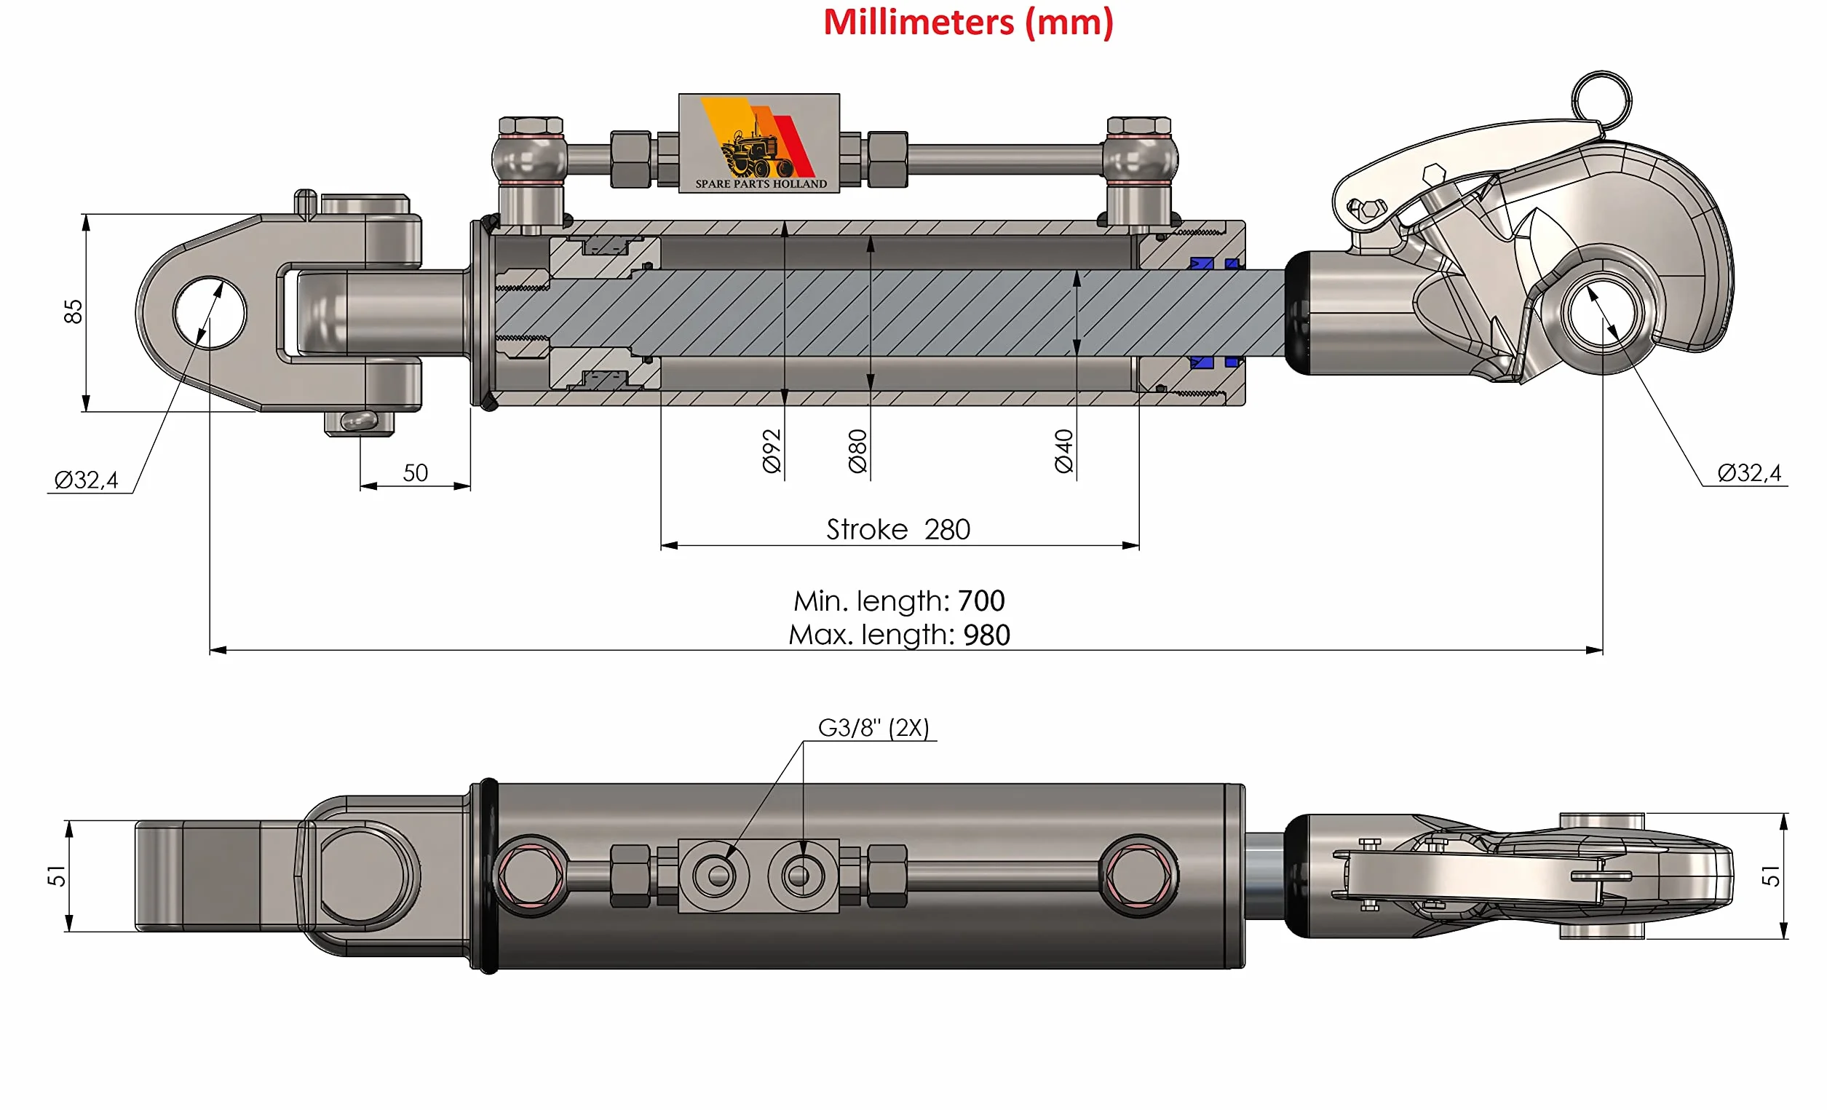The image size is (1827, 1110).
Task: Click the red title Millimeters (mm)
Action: point(967,23)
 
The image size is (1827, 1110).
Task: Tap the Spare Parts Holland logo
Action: point(759,143)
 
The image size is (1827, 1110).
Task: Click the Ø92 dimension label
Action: point(772,450)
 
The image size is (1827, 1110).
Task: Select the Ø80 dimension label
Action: point(857,450)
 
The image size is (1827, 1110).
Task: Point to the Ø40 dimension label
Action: point(1063,450)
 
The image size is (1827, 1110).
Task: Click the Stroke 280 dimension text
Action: point(898,529)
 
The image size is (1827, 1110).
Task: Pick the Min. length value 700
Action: point(981,600)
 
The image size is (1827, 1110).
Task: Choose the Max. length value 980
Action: point(986,635)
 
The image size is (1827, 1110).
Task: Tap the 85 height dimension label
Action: point(73,312)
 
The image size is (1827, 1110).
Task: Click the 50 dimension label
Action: point(415,472)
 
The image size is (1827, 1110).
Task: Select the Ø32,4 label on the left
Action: point(86,480)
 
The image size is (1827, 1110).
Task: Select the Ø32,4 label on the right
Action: point(1748,472)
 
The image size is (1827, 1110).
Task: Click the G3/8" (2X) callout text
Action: point(873,727)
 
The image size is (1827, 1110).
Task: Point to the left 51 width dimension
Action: point(56,876)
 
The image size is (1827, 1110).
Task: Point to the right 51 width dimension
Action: point(1771,876)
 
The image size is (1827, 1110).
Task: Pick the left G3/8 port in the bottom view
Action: point(718,876)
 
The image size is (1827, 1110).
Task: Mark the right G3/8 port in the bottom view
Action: point(798,876)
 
